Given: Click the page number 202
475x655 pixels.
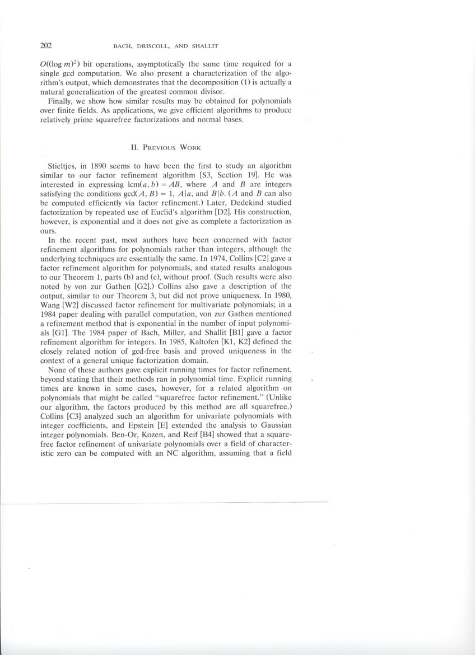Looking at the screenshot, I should click(46, 45).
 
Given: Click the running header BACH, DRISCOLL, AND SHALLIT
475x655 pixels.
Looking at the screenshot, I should click(173, 46).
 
